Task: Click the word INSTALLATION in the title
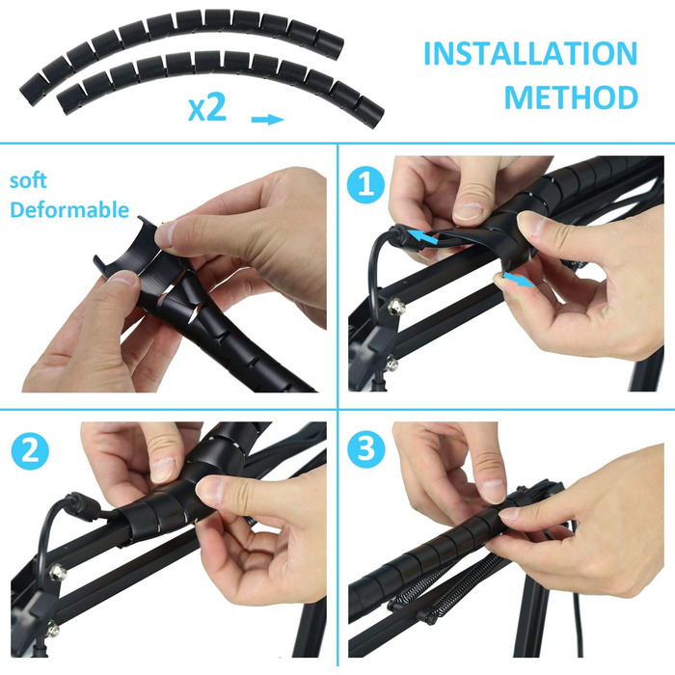tap(530, 53)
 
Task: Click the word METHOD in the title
tap(571, 97)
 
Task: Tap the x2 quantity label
tap(207, 107)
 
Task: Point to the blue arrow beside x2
tap(267, 120)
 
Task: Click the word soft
tap(28, 180)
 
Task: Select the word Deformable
tap(69, 209)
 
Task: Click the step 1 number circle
tap(365, 185)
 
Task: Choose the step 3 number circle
tap(365, 448)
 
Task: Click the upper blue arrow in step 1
tap(422, 237)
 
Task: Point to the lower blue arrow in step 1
tap(519, 279)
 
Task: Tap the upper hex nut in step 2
tap(57, 572)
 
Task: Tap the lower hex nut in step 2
tap(52, 630)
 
